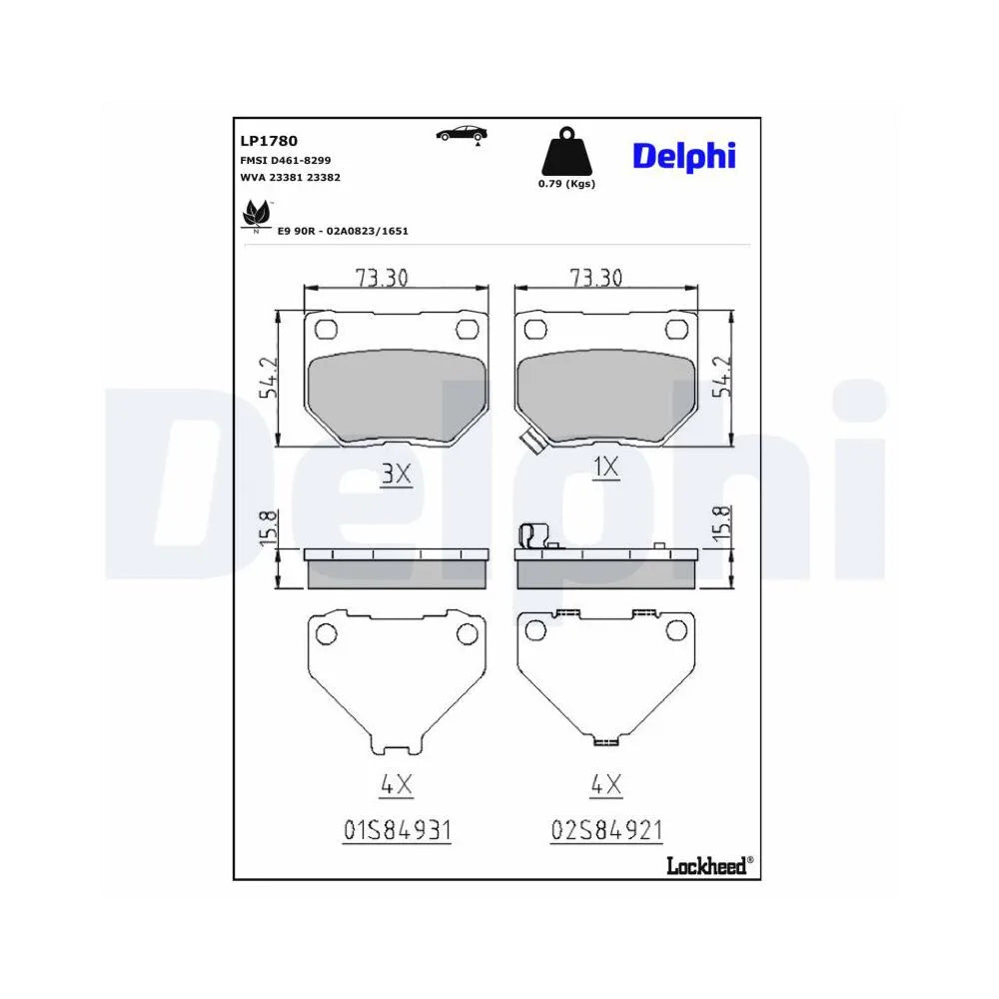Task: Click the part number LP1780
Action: coord(268,141)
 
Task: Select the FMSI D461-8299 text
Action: coord(285,161)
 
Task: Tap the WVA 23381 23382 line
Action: coord(290,177)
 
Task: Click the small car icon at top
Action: coord(462,135)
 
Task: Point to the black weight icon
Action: coord(566,152)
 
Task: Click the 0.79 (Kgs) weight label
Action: coord(566,184)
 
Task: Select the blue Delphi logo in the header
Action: coord(683,157)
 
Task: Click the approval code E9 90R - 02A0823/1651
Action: coord(343,232)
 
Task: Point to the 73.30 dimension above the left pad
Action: coord(382,278)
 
